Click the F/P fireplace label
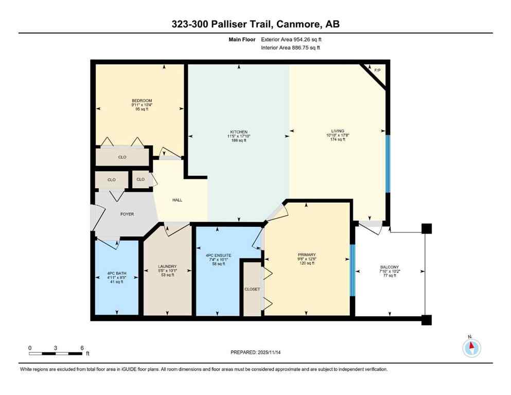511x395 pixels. tap(377, 70)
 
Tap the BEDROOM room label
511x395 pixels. tap(142, 100)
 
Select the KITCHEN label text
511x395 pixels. tap(238, 131)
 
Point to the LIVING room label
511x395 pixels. tap(338, 131)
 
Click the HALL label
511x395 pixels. tap(177, 200)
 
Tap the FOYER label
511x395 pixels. tap(127, 214)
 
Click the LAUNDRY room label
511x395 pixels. tap(167, 266)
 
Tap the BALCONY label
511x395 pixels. tap(389, 267)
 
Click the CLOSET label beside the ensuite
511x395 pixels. tap(252, 289)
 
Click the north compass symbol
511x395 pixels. tap(471, 348)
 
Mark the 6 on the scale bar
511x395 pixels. tap(82, 348)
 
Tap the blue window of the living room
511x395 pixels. tap(388, 164)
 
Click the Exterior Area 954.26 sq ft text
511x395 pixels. tap(292, 39)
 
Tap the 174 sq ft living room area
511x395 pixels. tap(338, 139)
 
